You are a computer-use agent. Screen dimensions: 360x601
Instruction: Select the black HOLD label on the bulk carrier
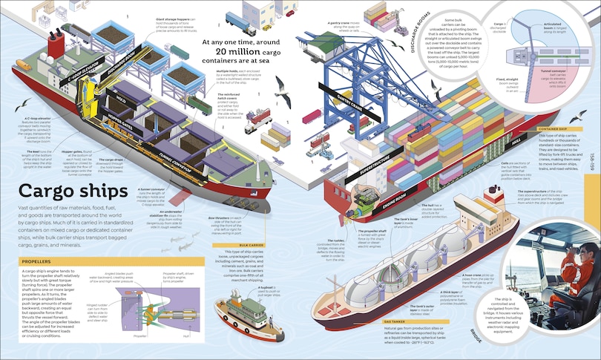(x=118, y=98)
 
